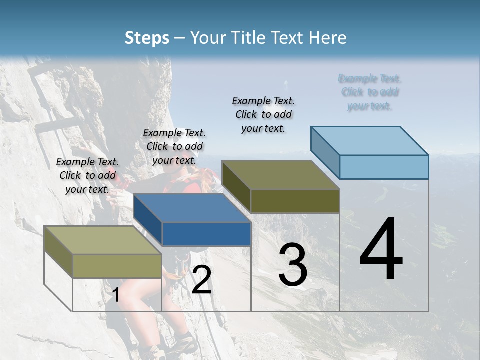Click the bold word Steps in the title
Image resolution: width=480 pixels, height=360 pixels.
[147, 38]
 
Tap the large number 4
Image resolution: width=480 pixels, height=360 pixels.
[381, 250]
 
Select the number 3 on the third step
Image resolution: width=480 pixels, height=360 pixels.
[293, 265]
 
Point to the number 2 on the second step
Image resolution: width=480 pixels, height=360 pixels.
[201, 280]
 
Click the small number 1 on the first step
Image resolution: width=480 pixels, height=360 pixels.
[115, 295]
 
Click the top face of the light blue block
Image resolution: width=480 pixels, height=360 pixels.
[370, 141]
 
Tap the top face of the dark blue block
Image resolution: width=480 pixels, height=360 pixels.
[192, 208]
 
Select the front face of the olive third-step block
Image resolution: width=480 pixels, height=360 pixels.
[295, 201]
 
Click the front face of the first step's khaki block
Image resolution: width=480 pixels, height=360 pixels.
[117, 266]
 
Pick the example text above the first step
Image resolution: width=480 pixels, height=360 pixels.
[87, 175]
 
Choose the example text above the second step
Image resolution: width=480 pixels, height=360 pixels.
[174, 146]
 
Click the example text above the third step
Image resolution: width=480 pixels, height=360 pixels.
[263, 114]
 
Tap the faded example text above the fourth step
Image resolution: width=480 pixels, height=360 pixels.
[370, 92]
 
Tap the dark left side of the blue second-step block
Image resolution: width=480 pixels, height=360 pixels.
[148, 220]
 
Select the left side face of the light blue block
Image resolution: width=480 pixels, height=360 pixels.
[325, 152]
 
